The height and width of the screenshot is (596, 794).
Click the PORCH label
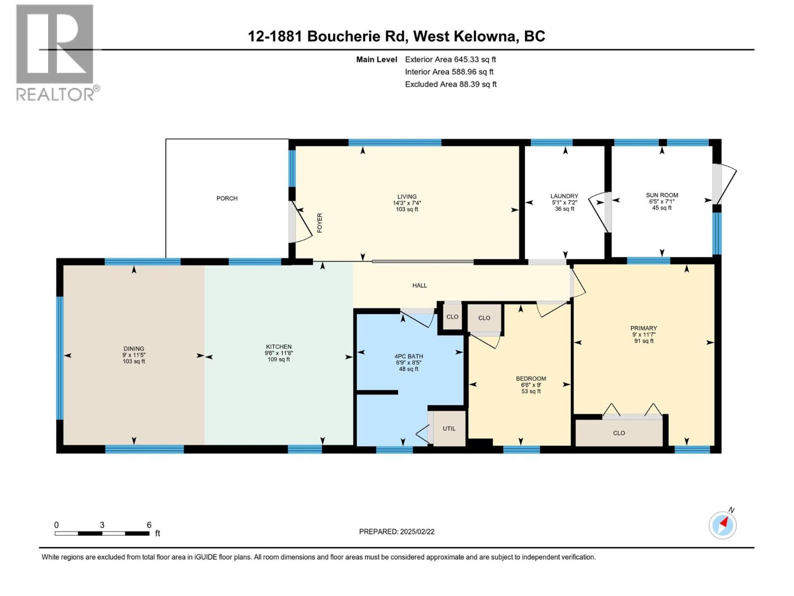point(227,198)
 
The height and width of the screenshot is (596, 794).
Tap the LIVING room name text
point(406,197)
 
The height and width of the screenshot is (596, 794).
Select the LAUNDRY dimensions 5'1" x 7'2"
point(564,203)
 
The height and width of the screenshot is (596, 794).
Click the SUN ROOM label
point(662,195)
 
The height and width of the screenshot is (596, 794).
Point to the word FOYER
point(320,223)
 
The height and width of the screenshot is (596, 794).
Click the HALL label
point(419,286)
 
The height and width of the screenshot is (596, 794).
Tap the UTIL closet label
point(449,429)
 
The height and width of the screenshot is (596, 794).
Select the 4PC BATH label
point(409,356)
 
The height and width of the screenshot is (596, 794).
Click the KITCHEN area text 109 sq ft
point(278,360)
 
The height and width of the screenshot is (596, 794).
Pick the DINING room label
point(133,349)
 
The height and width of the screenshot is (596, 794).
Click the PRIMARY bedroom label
point(643,328)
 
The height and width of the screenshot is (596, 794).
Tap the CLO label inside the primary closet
point(619,433)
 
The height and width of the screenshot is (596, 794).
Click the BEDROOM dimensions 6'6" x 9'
point(530,385)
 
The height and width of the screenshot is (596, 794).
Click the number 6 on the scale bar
point(149,525)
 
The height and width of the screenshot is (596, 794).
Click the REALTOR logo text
point(58,94)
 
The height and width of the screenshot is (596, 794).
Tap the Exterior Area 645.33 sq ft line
point(450,60)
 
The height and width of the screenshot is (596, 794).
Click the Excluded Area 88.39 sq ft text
point(450,84)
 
